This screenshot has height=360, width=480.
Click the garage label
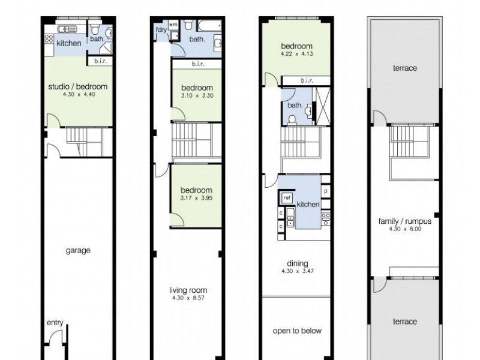[x=78, y=250]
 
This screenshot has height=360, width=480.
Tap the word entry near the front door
[x=55, y=323]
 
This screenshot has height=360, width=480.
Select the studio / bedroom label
[x=77, y=86]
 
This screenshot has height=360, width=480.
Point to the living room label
[x=188, y=290]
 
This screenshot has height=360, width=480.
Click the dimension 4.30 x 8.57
[x=188, y=298]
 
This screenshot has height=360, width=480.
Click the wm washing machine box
[x=172, y=25]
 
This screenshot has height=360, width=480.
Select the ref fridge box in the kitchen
[x=287, y=197]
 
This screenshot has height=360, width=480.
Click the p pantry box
[x=325, y=191]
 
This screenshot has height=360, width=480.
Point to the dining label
[x=297, y=263]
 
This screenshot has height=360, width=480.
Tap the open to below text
[x=297, y=331]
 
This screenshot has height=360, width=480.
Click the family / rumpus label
[x=405, y=221]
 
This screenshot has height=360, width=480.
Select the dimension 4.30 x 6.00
[x=405, y=229]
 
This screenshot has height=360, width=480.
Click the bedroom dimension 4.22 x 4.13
[x=296, y=54]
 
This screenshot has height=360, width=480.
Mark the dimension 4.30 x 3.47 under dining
[x=297, y=271]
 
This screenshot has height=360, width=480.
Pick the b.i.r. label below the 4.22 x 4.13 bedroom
[x=307, y=81]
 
